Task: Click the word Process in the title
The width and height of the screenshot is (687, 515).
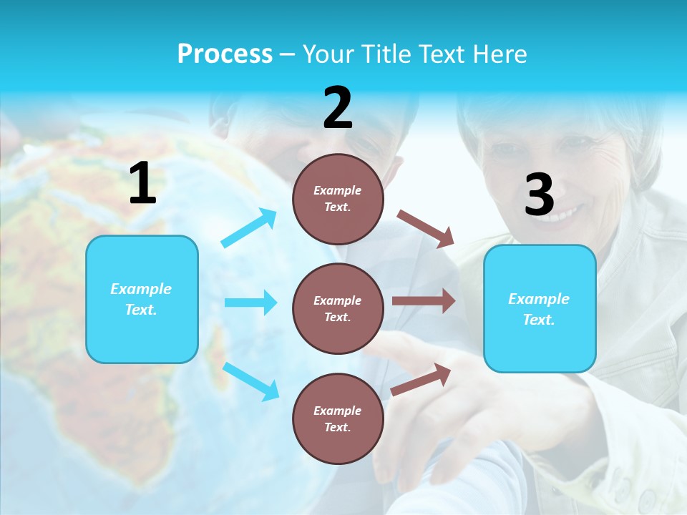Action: click(225, 54)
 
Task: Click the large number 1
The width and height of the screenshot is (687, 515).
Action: click(142, 184)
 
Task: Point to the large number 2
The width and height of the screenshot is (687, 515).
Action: click(338, 108)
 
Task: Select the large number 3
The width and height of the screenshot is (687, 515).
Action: click(539, 195)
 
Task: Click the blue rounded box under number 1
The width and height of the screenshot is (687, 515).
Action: click(142, 299)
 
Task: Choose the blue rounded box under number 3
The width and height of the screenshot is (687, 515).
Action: click(540, 308)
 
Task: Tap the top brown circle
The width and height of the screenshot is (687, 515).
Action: click(338, 199)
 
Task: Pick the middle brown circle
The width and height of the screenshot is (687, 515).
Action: click(338, 308)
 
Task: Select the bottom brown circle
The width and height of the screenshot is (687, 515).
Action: click(338, 418)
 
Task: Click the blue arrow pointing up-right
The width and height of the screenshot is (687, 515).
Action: click(249, 228)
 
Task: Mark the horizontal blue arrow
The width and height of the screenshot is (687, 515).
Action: click(250, 303)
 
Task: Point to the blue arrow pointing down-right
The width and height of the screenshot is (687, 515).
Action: click(250, 381)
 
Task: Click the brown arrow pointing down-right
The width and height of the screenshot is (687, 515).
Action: click(426, 228)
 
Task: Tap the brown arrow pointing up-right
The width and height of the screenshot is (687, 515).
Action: click(421, 379)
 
